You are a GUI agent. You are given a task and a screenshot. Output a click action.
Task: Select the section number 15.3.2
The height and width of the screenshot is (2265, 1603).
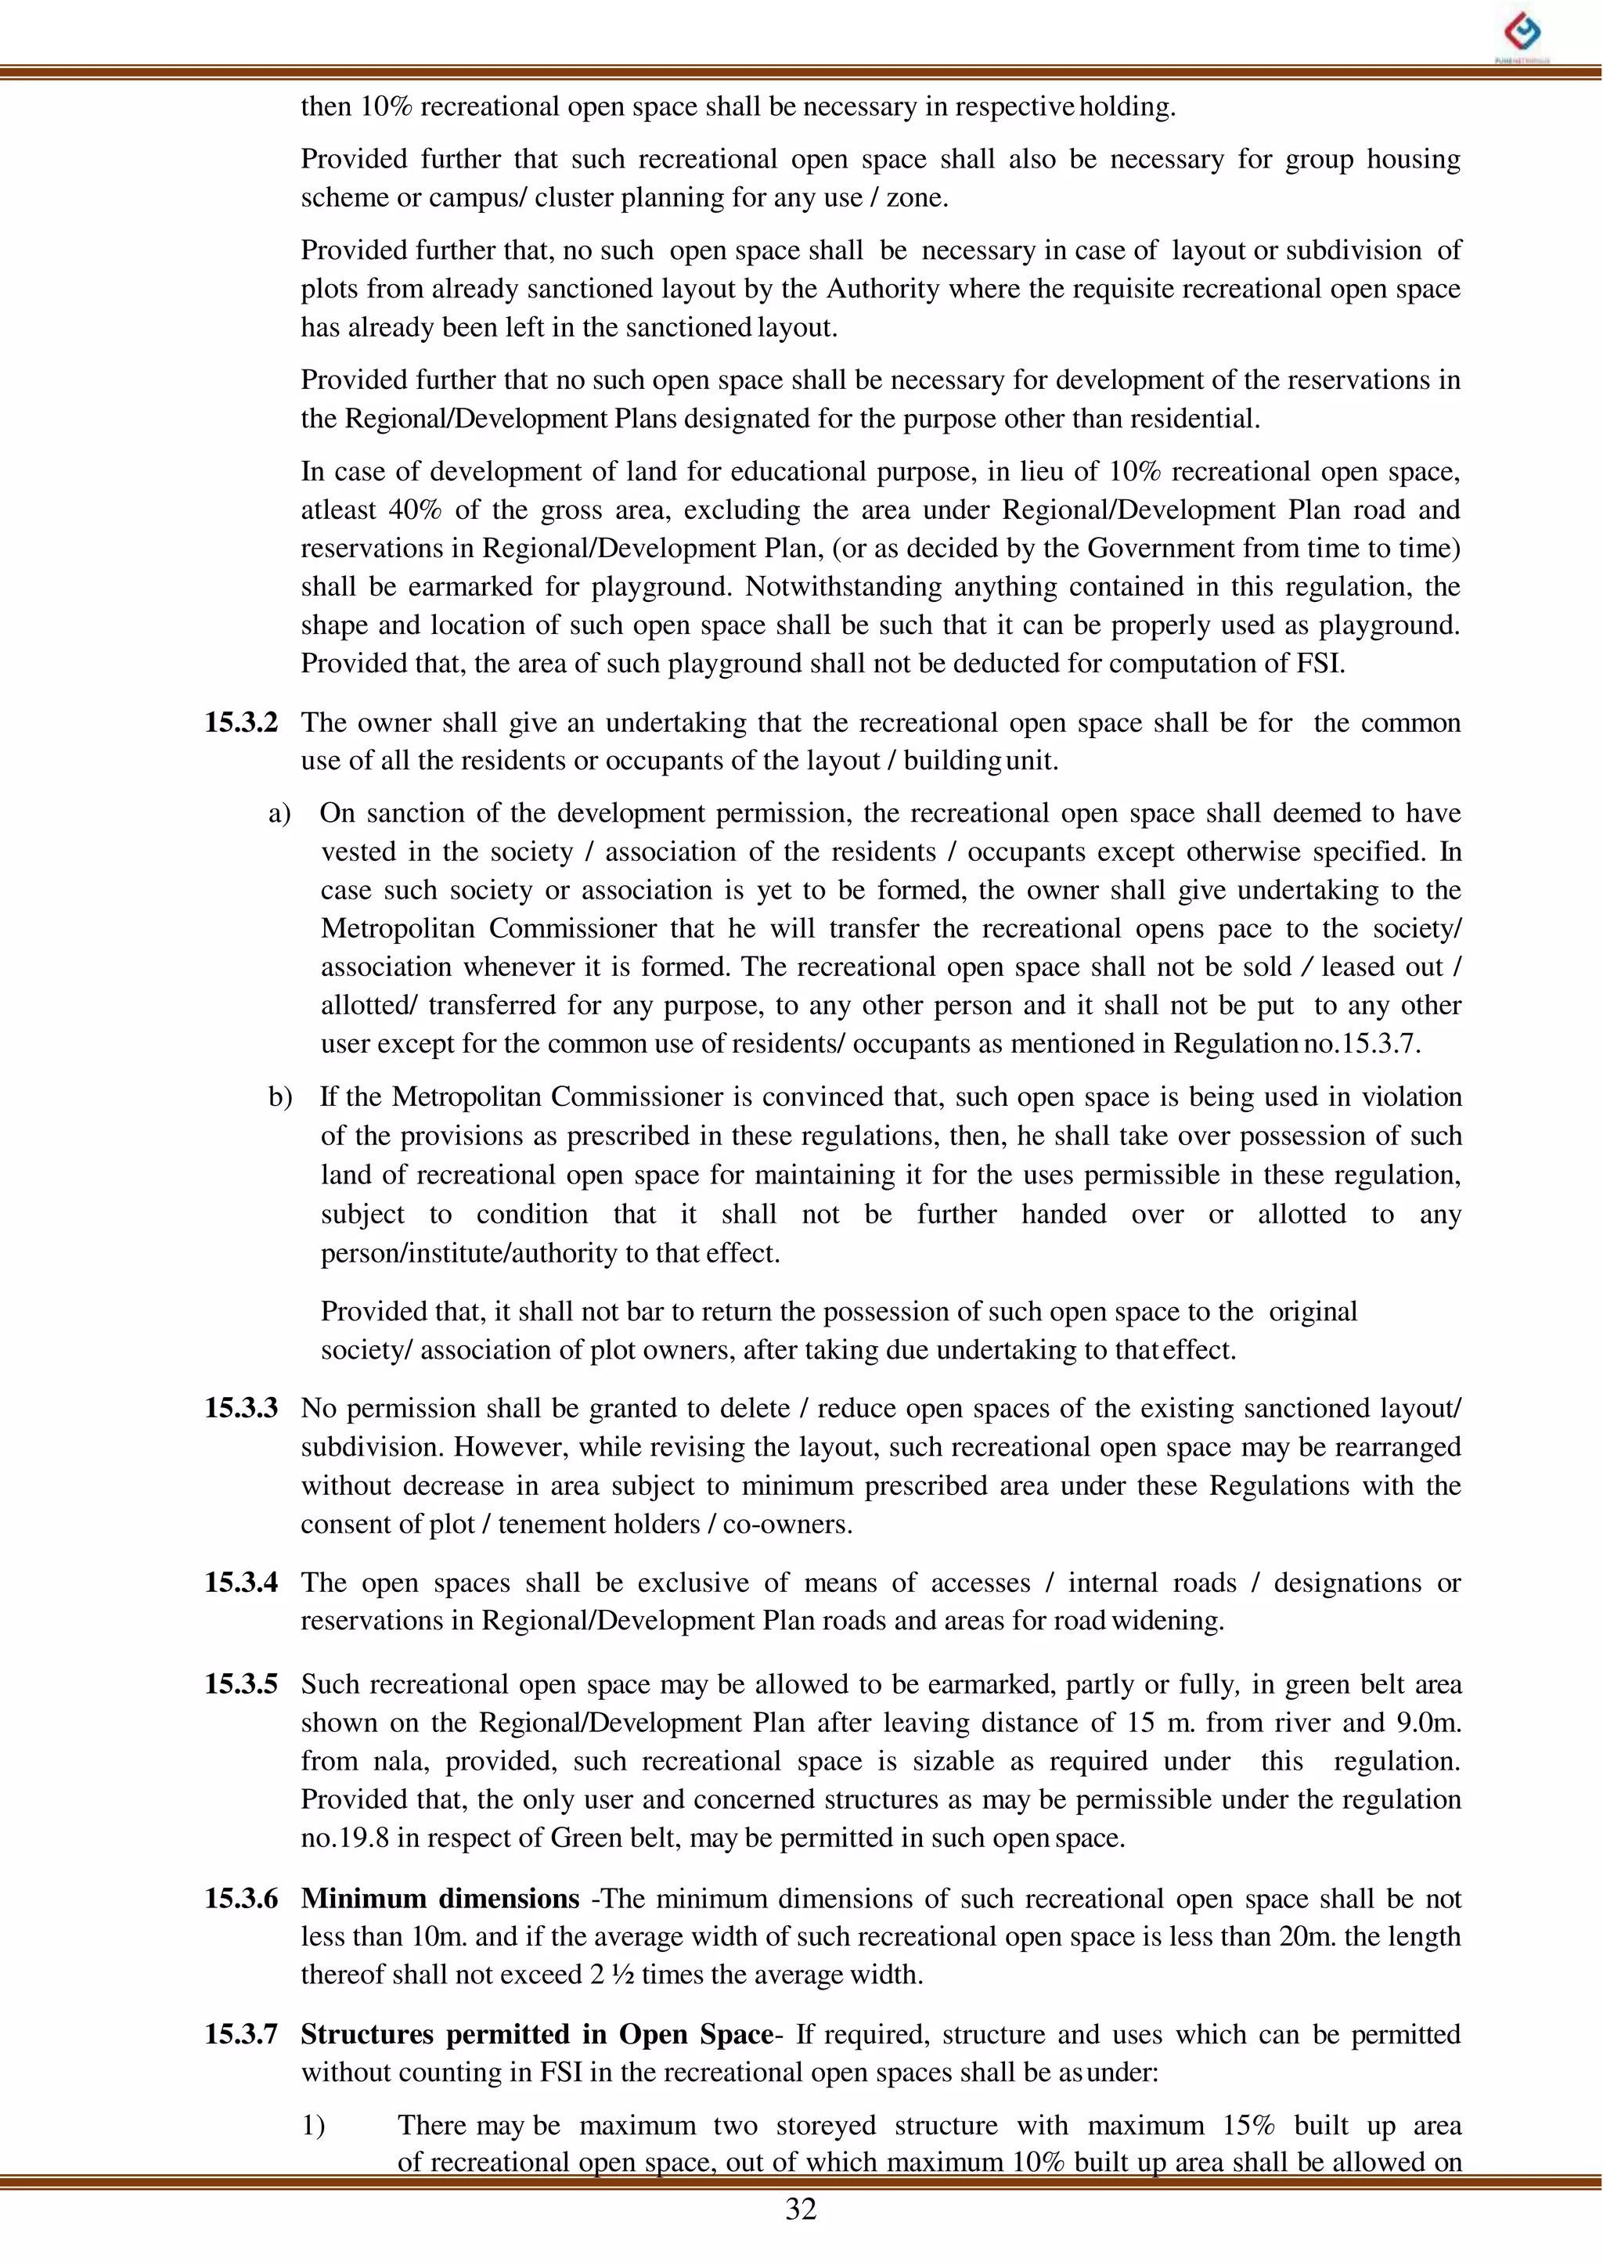(241, 722)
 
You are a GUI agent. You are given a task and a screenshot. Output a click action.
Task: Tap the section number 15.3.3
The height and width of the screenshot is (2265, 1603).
(241, 1408)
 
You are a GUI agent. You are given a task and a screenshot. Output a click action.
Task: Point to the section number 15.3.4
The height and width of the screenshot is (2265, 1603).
(241, 1583)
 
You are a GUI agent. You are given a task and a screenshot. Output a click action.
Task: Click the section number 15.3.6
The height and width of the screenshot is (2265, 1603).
(241, 1899)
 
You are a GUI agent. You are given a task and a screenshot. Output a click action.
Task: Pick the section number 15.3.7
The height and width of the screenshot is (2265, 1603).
(241, 2034)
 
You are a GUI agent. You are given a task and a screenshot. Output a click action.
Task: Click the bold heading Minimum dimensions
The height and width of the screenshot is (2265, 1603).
(440, 1899)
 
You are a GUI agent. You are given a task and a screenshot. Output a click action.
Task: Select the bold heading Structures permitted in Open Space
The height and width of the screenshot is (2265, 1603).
(537, 2034)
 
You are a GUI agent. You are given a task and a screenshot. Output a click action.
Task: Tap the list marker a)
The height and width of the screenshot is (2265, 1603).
(279, 813)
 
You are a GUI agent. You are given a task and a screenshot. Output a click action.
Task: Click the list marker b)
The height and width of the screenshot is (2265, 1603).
(279, 1097)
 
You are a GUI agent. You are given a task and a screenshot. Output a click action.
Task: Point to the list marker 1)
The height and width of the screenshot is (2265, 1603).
(313, 2125)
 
